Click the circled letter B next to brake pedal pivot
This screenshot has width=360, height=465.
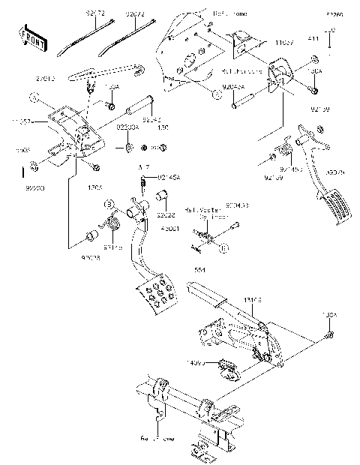tap(109, 203)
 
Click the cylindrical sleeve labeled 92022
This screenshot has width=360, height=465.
tap(163, 198)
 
